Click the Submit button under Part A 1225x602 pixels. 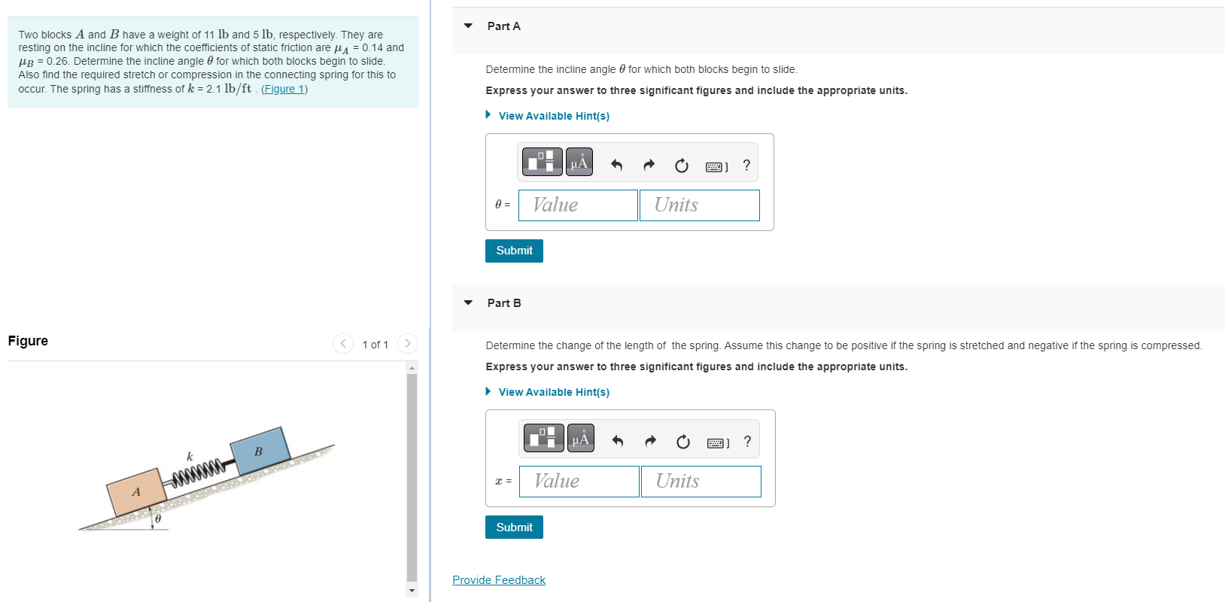tap(514, 251)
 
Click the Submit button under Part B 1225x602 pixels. tap(514, 528)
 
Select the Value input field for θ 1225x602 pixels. tap(578, 205)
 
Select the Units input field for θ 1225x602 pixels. tap(699, 205)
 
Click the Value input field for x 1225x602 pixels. tap(579, 482)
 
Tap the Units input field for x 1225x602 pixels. tap(701, 482)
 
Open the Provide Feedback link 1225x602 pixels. tap(499, 580)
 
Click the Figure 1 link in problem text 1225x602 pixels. tap(284, 89)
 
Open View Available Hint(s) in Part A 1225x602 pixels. tap(553, 116)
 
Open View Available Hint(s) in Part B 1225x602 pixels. tap(553, 392)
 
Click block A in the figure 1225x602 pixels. tap(136, 492)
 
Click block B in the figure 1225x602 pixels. tap(260, 451)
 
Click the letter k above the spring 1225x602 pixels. tap(190, 456)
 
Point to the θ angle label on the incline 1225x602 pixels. tap(158, 519)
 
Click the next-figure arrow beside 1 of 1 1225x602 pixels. tap(407, 344)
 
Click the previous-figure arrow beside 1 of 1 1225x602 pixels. tap(343, 344)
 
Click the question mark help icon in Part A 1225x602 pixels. tap(746, 165)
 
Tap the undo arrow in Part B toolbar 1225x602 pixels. tap(618, 442)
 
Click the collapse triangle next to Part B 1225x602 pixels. tap(468, 303)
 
